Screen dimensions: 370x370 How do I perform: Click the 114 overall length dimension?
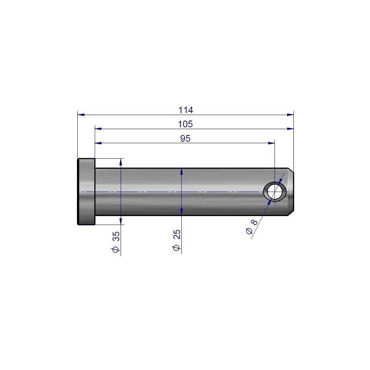186,110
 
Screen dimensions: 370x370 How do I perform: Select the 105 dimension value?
185,124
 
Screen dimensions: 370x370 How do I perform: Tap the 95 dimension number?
185,138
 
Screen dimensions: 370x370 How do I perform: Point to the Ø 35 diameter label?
115,242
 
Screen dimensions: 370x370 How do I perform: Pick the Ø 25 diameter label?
176,240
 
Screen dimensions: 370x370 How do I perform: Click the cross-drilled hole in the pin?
275,192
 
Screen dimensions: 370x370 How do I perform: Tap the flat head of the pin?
86,192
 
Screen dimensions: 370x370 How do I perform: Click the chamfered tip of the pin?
291,192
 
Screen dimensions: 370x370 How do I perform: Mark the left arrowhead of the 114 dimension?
81,115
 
